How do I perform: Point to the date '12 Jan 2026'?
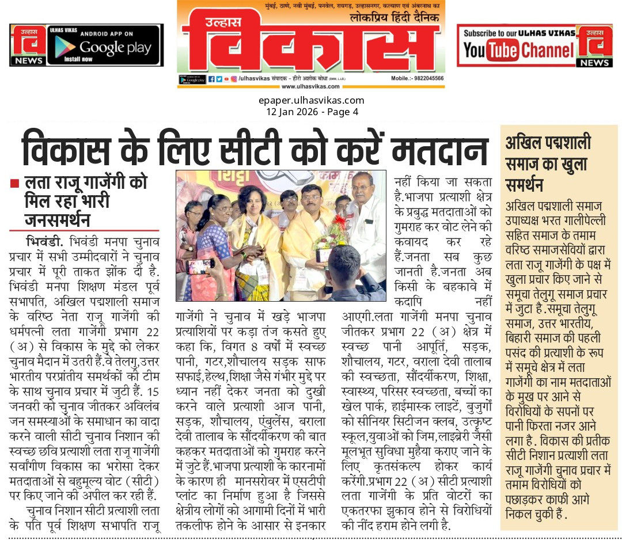[x=291, y=112]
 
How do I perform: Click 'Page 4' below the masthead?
[x=343, y=112]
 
